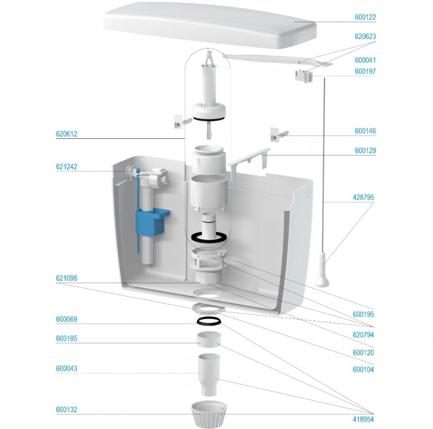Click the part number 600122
[x=365, y=17]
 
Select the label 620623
[x=365, y=36]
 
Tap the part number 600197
[x=365, y=71]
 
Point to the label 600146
[x=365, y=131]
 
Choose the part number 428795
[x=363, y=197]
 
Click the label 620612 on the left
[x=66, y=134]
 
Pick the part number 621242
[x=66, y=167]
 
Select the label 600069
[x=66, y=319]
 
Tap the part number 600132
[x=66, y=409]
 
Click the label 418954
[x=363, y=419]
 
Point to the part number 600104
[x=363, y=369]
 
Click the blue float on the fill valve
[x=152, y=220]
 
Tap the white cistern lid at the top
[x=211, y=25]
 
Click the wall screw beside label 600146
[x=279, y=135]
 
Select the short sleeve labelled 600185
[x=209, y=339]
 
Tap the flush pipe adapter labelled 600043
[x=209, y=374]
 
